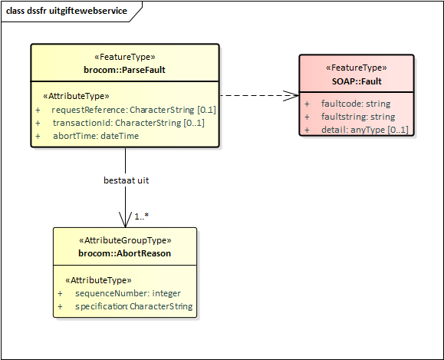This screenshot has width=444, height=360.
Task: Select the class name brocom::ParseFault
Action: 124,70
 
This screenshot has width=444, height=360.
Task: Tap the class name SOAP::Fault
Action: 357,81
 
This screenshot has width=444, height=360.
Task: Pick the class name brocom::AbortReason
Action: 124,253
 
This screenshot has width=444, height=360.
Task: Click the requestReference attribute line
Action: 128,110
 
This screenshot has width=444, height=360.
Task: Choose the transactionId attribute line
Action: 128,123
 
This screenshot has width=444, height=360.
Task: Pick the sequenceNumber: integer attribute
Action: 127,294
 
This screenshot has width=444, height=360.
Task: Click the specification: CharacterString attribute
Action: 133,306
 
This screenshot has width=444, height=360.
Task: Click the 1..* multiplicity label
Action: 142,216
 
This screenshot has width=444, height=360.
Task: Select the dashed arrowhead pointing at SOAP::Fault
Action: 292,95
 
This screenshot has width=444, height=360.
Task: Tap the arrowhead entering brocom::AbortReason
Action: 124,221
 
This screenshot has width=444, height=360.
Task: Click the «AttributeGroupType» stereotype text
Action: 124,240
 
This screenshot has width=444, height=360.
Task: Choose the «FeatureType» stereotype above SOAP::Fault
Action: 357,68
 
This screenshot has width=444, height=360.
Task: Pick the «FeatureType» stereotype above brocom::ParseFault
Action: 124,57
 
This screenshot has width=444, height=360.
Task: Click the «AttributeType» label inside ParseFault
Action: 76,96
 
